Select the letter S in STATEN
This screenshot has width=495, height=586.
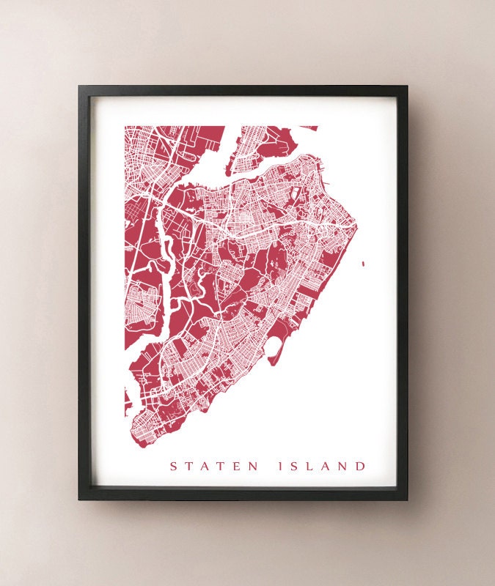point(174,466)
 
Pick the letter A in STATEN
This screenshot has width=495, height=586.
point(205,466)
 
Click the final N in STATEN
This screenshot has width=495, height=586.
point(254,466)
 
